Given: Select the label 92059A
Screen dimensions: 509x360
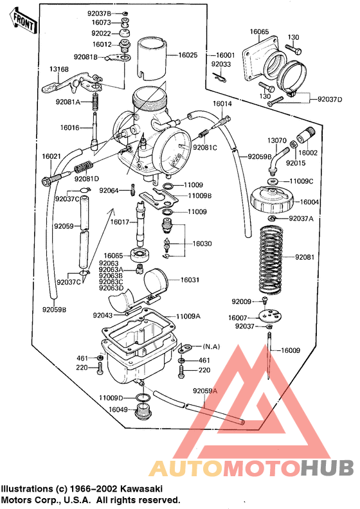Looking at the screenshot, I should click(205, 390).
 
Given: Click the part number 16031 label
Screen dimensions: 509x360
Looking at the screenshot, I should click(190, 280).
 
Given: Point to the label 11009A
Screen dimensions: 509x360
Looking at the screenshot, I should click(189, 316).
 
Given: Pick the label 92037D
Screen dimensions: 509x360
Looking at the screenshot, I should click(330, 98).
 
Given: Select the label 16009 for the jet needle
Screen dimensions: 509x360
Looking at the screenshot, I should click(289, 350).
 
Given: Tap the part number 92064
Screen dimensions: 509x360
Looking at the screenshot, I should click(109, 190).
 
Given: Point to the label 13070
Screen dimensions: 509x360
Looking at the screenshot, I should click(277, 140).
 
